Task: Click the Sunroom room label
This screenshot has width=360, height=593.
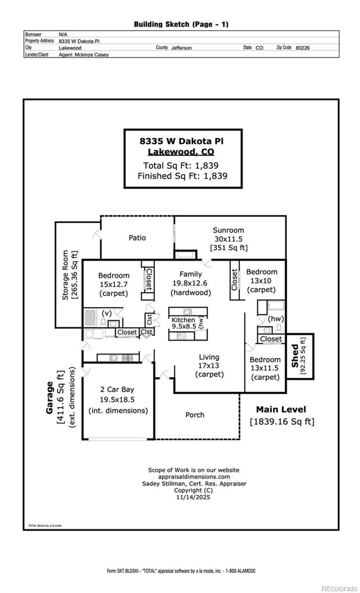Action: (228, 230)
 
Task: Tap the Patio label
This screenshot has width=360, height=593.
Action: (137, 238)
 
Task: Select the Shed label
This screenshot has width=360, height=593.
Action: (295, 356)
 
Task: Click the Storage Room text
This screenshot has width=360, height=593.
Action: (65, 275)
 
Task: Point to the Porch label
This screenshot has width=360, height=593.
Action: (195, 415)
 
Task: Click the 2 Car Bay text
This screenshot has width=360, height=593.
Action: (117, 389)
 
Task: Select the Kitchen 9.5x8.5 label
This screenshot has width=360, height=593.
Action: (183, 323)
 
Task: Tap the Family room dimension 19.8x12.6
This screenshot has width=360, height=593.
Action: (190, 283)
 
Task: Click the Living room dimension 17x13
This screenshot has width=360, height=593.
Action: (209, 365)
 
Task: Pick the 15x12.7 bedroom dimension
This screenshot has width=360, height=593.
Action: (114, 284)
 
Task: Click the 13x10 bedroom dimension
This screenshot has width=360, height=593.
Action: (262, 281)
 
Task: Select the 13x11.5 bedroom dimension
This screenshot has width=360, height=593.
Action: (265, 368)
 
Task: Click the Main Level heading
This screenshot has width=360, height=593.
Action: (281, 409)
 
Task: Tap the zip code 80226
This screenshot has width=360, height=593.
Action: (302, 48)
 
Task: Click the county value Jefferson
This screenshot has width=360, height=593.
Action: (181, 48)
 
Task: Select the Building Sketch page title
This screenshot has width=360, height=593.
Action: (181, 24)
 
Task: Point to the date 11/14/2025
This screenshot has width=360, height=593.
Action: (193, 497)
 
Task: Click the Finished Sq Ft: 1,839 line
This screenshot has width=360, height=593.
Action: (182, 176)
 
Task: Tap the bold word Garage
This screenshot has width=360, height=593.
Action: (50, 398)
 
